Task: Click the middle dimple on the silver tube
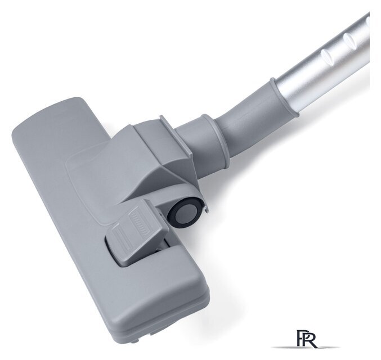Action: coord(349,39)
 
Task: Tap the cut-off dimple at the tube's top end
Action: coord(367,22)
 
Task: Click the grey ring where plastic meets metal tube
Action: coord(283,97)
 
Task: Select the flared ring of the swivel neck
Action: coord(216,142)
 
